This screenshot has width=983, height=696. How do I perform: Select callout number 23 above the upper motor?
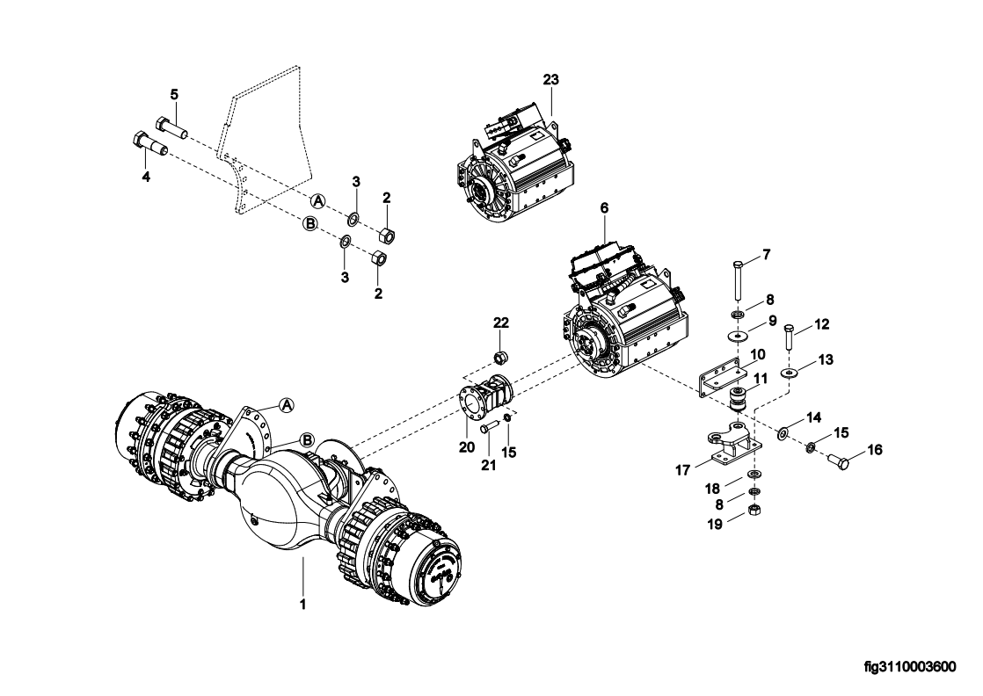point(551,80)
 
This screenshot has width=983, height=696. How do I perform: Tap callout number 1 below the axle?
point(302,605)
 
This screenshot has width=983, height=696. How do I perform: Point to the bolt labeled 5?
point(171,128)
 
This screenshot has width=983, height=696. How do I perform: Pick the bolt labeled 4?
point(151,145)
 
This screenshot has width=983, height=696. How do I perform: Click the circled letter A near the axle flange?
point(287,405)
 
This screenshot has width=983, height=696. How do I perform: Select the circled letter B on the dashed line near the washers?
point(310,223)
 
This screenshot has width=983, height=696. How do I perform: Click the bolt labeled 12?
point(789,337)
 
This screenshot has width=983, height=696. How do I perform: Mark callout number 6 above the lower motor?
point(604,207)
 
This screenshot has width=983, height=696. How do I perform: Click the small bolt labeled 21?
point(490,428)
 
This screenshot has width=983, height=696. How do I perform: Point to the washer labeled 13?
point(788,373)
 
